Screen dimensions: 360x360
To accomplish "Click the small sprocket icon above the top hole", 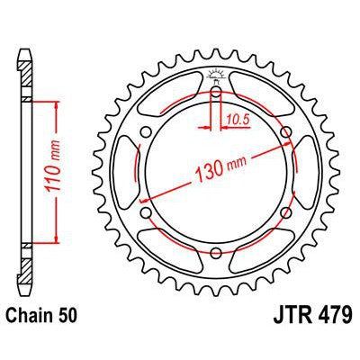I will click(216, 75).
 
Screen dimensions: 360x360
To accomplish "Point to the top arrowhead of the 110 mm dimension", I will click(57, 104).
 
